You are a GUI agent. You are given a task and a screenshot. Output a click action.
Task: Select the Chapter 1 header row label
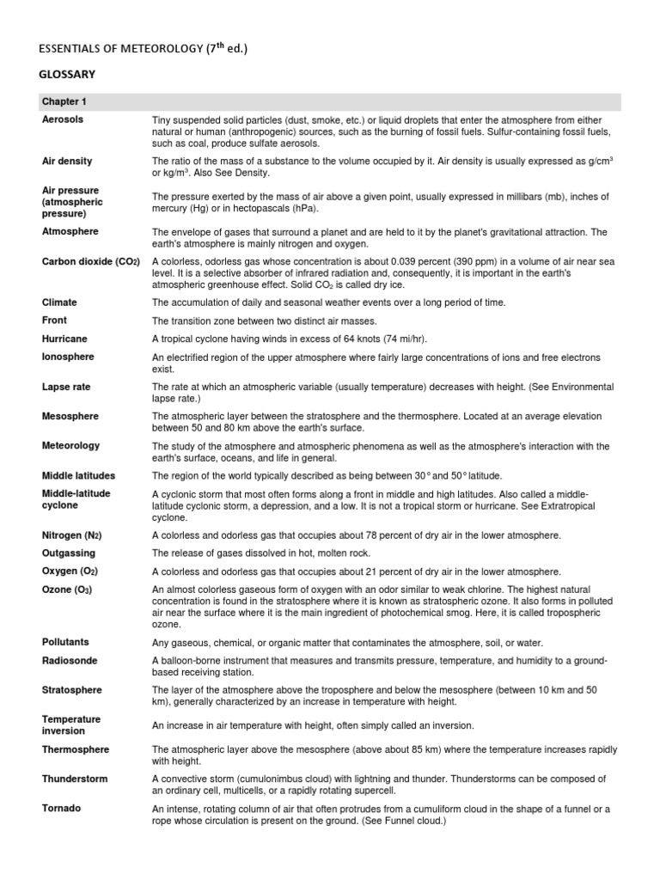[x=64, y=101]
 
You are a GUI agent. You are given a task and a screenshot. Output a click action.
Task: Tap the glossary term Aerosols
[x=63, y=119]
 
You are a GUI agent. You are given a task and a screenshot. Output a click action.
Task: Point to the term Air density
[x=67, y=161]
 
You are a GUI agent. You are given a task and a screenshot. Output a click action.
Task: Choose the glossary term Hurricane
[x=64, y=339]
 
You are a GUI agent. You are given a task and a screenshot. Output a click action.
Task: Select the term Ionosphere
[x=68, y=357]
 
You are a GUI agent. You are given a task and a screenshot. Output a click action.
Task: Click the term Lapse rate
[x=66, y=387]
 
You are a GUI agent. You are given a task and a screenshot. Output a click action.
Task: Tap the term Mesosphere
[x=70, y=416]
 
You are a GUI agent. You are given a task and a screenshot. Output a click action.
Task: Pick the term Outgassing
[x=69, y=553]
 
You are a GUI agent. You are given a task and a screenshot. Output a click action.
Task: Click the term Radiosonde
[x=70, y=660]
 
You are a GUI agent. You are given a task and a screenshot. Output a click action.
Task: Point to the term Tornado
[x=62, y=808]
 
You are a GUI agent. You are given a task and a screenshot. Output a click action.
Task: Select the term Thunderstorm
[x=75, y=779]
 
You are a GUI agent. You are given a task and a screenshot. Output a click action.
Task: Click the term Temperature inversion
[x=70, y=724]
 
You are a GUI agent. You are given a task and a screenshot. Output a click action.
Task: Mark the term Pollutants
[x=65, y=642]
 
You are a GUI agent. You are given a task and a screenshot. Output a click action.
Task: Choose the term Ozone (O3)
[x=67, y=589]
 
